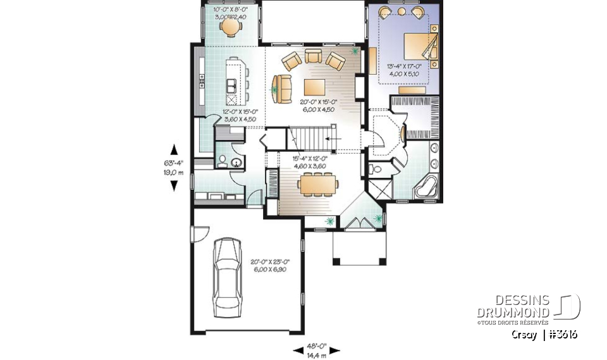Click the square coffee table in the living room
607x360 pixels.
click(x=314, y=87)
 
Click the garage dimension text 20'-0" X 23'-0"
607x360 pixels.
click(x=271, y=264)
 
